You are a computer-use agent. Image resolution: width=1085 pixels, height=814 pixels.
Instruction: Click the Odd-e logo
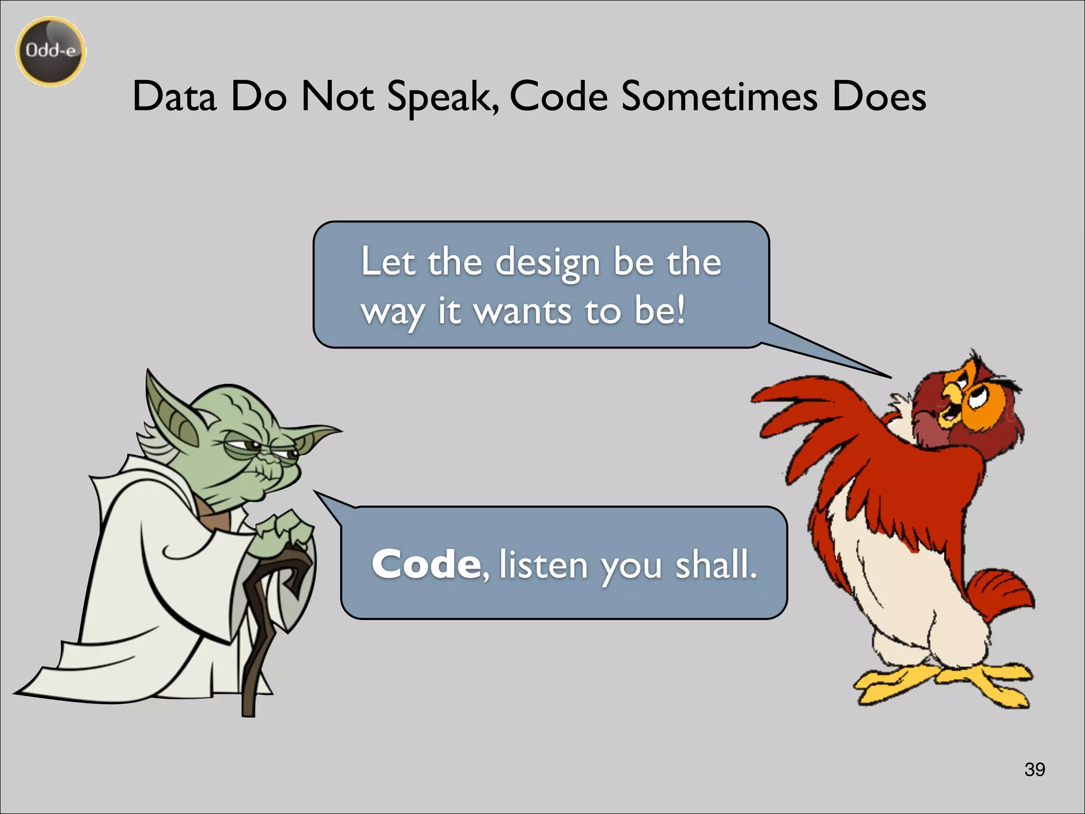click(x=51, y=51)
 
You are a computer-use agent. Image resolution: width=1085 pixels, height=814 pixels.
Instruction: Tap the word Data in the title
click(x=174, y=96)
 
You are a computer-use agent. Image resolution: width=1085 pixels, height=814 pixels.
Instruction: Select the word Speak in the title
click(x=442, y=98)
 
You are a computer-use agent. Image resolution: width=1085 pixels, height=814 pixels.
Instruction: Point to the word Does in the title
click(x=879, y=96)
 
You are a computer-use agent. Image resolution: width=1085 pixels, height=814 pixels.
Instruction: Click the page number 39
click(x=1035, y=769)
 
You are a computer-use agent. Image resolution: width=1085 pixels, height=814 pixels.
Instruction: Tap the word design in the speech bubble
click(x=548, y=263)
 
